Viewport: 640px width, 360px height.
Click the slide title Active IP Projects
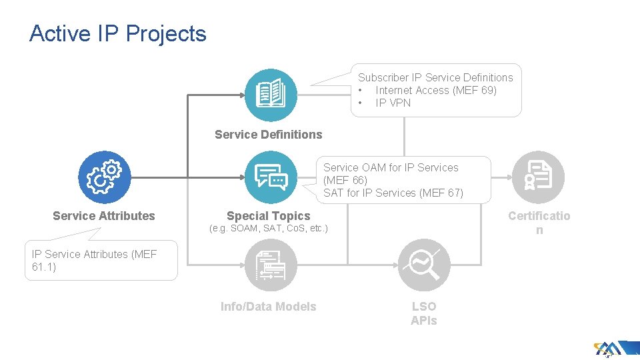tap(118, 33)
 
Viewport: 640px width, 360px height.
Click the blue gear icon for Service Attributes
tap(105, 177)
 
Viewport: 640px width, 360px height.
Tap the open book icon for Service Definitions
tap(271, 94)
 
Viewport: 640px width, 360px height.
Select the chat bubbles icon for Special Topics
tap(271, 177)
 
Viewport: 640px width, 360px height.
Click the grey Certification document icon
tap(538, 177)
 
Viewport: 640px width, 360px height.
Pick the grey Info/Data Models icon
tap(271, 265)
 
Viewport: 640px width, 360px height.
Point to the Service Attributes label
tap(103, 215)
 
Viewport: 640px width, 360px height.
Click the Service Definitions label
tap(268, 135)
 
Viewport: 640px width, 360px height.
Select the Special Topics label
tap(268, 215)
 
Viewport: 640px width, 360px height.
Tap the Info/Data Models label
tap(268, 307)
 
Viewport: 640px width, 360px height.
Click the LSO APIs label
tap(424, 313)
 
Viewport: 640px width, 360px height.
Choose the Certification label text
tap(539, 222)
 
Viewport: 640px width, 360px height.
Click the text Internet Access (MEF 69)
tap(436, 90)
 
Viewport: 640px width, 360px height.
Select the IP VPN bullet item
tap(393, 103)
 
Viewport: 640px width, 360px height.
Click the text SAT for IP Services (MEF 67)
tap(393, 193)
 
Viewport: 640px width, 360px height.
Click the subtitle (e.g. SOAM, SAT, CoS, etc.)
tap(268, 229)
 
